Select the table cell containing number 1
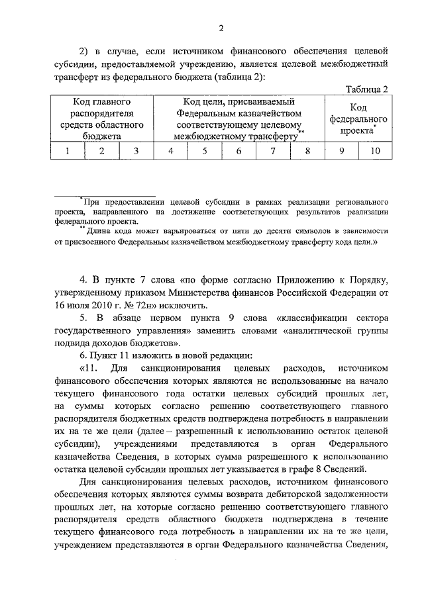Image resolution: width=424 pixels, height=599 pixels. point(68,151)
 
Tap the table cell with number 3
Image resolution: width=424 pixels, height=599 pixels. point(135,151)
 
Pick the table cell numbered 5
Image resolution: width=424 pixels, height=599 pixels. point(205,151)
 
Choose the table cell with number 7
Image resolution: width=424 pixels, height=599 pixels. point(272,151)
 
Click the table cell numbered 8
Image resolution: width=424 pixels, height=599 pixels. point(307,151)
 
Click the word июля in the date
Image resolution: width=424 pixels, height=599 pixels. point(51,305)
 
